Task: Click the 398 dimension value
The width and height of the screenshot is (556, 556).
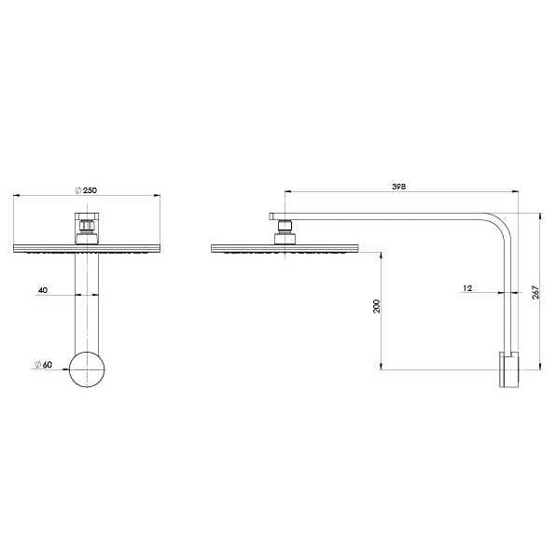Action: (398, 188)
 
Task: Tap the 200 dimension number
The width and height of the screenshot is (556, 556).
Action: (376, 308)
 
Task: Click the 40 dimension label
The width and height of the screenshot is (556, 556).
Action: (43, 290)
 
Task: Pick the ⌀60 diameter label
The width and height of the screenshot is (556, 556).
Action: (41, 365)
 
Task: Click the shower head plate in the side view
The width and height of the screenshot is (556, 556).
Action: (285, 248)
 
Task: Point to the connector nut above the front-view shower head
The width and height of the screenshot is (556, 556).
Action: (86, 227)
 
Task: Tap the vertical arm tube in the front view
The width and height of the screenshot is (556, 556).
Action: (87, 299)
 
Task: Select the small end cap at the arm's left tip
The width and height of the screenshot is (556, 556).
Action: (273, 216)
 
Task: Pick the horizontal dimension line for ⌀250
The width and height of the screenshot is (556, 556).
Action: (121, 196)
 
